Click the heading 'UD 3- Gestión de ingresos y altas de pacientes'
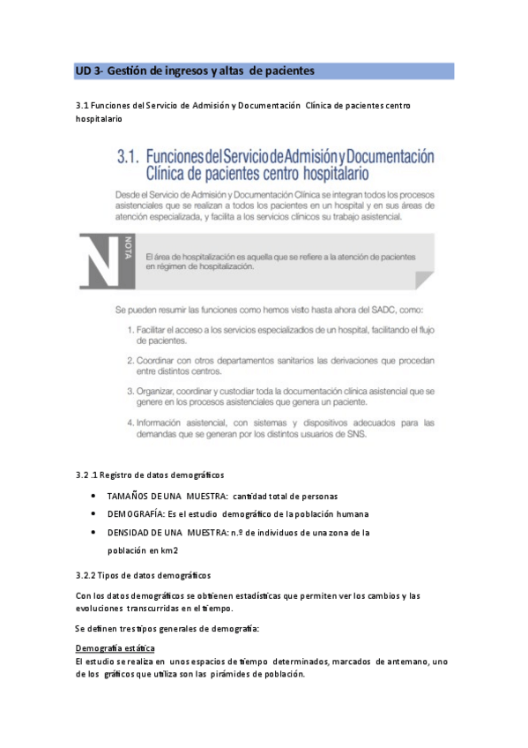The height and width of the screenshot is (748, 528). pyautogui.click(x=195, y=71)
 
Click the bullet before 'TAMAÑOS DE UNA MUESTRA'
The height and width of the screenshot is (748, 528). pyautogui.click(x=94, y=496)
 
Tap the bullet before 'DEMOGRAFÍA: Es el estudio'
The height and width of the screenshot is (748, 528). pyautogui.click(x=94, y=513)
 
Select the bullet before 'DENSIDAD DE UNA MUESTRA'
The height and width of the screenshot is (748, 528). pyautogui.click(x=94, y=532)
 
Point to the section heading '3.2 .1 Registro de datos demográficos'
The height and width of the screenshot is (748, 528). pyautogui.click(x=150, y=475)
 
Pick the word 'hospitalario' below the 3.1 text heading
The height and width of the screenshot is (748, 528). pyautogui.click(x=99, y=118)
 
